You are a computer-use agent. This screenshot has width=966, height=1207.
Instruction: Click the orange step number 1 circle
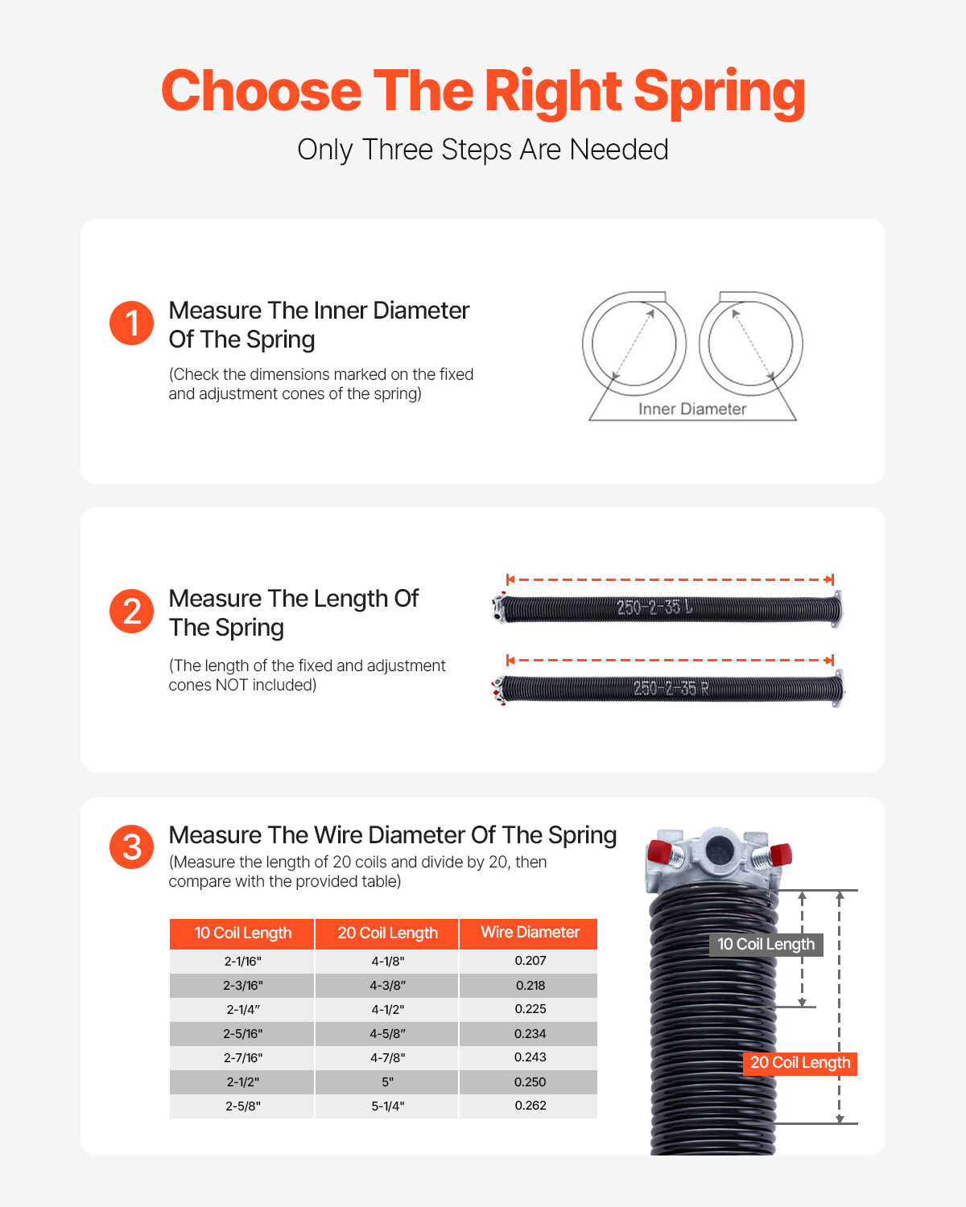pos(131,323)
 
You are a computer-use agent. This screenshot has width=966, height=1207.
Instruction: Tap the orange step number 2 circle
pos(131,612)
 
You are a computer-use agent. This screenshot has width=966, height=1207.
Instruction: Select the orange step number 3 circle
pos(131,847)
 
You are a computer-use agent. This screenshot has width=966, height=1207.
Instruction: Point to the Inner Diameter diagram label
pos(692,409)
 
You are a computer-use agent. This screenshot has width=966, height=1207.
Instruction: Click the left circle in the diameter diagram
pos(634,344)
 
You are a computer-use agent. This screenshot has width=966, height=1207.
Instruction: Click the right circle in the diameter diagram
pos(751,344)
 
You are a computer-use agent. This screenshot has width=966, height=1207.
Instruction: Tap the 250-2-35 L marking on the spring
pos(654,608)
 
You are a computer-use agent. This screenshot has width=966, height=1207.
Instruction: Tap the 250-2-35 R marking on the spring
pos(671,689)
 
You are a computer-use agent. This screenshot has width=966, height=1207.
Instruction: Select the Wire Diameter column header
pos(530,933)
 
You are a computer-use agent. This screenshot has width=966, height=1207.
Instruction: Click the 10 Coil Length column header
pos(242,933)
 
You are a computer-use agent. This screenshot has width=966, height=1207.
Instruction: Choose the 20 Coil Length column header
pos(387,933)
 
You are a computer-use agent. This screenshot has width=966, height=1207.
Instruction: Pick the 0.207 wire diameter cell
pos(530,961)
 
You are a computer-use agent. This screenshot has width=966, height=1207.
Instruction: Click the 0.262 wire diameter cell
pos(530,1106)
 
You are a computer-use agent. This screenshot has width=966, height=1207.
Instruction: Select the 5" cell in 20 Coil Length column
pos(387,1082)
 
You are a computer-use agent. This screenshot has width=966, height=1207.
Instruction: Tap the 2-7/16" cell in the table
pos(242,1058)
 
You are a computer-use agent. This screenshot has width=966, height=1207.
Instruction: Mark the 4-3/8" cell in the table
pos(387,986)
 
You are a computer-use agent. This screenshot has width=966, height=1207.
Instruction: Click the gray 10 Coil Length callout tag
pos(766,945)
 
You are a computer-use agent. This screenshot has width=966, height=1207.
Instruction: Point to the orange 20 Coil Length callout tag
pos(799,1063)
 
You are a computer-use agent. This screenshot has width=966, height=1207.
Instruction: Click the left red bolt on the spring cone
pos(660,851)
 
